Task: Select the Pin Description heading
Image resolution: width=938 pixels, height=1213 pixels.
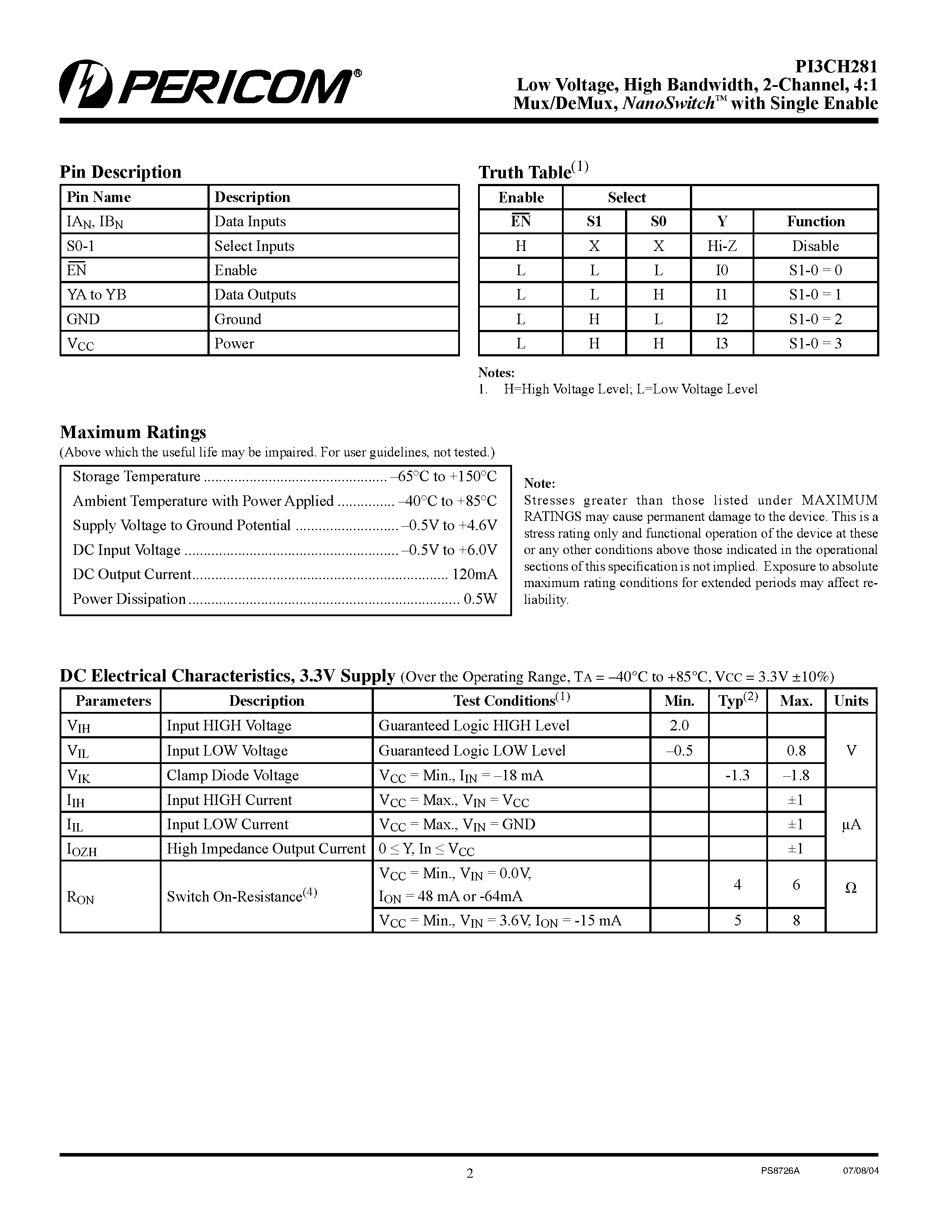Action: [x=121, y=172]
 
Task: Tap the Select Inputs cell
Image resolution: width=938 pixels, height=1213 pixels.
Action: [x=254, y=246]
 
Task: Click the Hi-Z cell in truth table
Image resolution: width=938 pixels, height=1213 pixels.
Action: [x=722, y=246]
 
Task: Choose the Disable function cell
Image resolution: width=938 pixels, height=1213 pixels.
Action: [x=815, y=246]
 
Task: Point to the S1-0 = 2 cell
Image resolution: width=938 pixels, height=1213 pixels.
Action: [x=815, y=319]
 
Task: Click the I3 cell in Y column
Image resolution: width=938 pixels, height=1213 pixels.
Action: [x=722, y=344]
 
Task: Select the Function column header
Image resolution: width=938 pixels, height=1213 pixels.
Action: [x=815, y=221]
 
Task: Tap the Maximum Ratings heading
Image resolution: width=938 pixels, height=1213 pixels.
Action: [x=133, y=432]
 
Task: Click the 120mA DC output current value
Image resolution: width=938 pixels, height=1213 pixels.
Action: [x=475, y=574]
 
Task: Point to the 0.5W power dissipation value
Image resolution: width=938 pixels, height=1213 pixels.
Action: [x=480, y=599]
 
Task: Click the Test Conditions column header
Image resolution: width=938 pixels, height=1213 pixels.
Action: [x=511, y=700]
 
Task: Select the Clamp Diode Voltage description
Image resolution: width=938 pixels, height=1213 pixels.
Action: [x=232, y=775]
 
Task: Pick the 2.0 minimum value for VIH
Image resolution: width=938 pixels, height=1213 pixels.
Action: [x=679, y=725]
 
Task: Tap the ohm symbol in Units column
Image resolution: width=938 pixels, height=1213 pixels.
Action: [x=851, y=889]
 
